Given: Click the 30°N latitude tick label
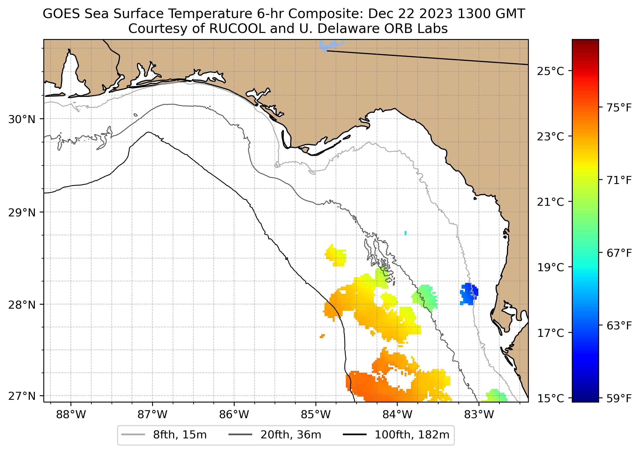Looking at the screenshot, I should point(22,120).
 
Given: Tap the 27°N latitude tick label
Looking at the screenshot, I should point(22,396).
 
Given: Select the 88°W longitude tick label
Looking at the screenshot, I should point(71,415).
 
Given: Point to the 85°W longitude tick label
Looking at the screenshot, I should point(316,415).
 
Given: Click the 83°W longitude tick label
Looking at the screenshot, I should point(479,415).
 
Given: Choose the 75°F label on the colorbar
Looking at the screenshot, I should point(619,108).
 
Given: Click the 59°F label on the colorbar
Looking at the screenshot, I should point(619,399).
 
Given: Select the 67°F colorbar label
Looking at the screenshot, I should point(619,253).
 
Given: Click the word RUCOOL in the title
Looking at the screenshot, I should point(237,29).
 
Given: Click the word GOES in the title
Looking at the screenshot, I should point(61,14).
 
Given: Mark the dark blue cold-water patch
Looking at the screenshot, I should point(469,293).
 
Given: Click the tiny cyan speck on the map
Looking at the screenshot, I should point(405,233).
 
